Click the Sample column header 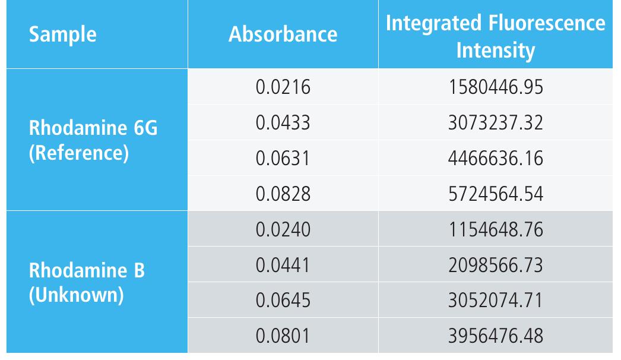[62, 34]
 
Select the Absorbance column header [283, 34]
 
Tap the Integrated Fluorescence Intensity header [495, 36]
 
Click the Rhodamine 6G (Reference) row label [93, 140]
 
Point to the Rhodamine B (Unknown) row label [87, 282]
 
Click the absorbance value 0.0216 [283, 87]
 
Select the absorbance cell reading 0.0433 [283, 123]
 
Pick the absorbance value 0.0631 [283, 159]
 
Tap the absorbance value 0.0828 [283, 194]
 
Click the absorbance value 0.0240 [283, 229]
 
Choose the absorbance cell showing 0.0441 [283, 265]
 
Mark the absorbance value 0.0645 [283, 301]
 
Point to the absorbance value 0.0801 [283, 336]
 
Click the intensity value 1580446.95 [495, 87]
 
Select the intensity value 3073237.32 [495, 123]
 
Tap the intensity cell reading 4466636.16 [495, 159]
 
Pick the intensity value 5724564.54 [495, 194]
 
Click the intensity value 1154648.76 [495, 229]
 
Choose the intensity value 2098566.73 [495, 265]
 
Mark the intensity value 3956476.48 [495, 336]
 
